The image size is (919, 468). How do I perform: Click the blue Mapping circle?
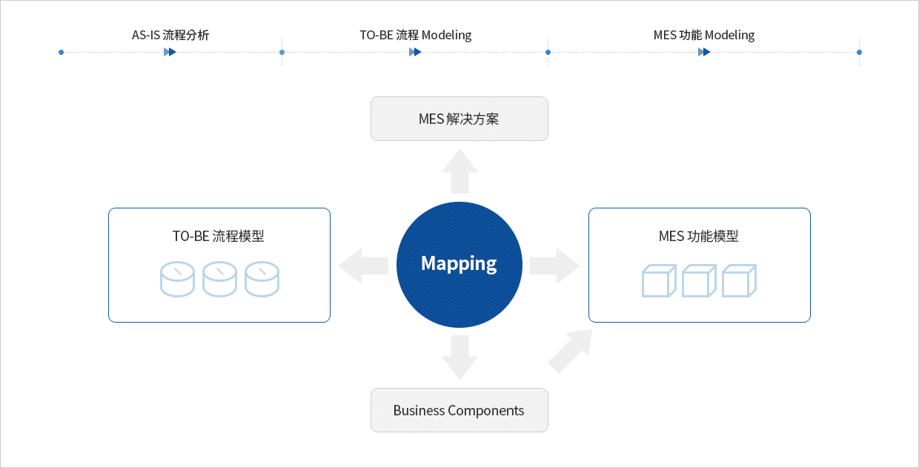point(459,264)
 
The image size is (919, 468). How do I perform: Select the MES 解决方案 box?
point(459,119)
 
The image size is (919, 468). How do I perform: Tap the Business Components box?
point(459,410)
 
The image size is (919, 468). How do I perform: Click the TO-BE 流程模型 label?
point(218,236)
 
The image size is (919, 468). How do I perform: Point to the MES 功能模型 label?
point(698,236)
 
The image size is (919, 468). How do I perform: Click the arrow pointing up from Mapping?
point(459,171)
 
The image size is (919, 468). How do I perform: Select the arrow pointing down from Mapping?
point(459,357)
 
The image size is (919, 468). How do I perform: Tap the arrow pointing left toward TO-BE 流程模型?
point(363,266)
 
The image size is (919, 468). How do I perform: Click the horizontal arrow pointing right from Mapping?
point(555,266)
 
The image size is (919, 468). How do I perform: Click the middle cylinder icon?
point(219,279)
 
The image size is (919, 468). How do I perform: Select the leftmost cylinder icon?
point(177,279)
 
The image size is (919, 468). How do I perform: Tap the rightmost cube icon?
point(739,281)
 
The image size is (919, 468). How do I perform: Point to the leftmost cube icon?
point(659,281)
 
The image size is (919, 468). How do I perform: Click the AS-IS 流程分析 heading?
point(170,36)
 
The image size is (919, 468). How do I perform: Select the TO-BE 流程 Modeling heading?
point(416,36)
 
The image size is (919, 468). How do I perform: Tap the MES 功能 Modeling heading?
point(704,36)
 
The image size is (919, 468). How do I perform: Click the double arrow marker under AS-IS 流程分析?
point(170,52)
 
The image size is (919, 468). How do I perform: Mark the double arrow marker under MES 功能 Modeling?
point(704,52)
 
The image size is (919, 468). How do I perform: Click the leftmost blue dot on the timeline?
point(61,52)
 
